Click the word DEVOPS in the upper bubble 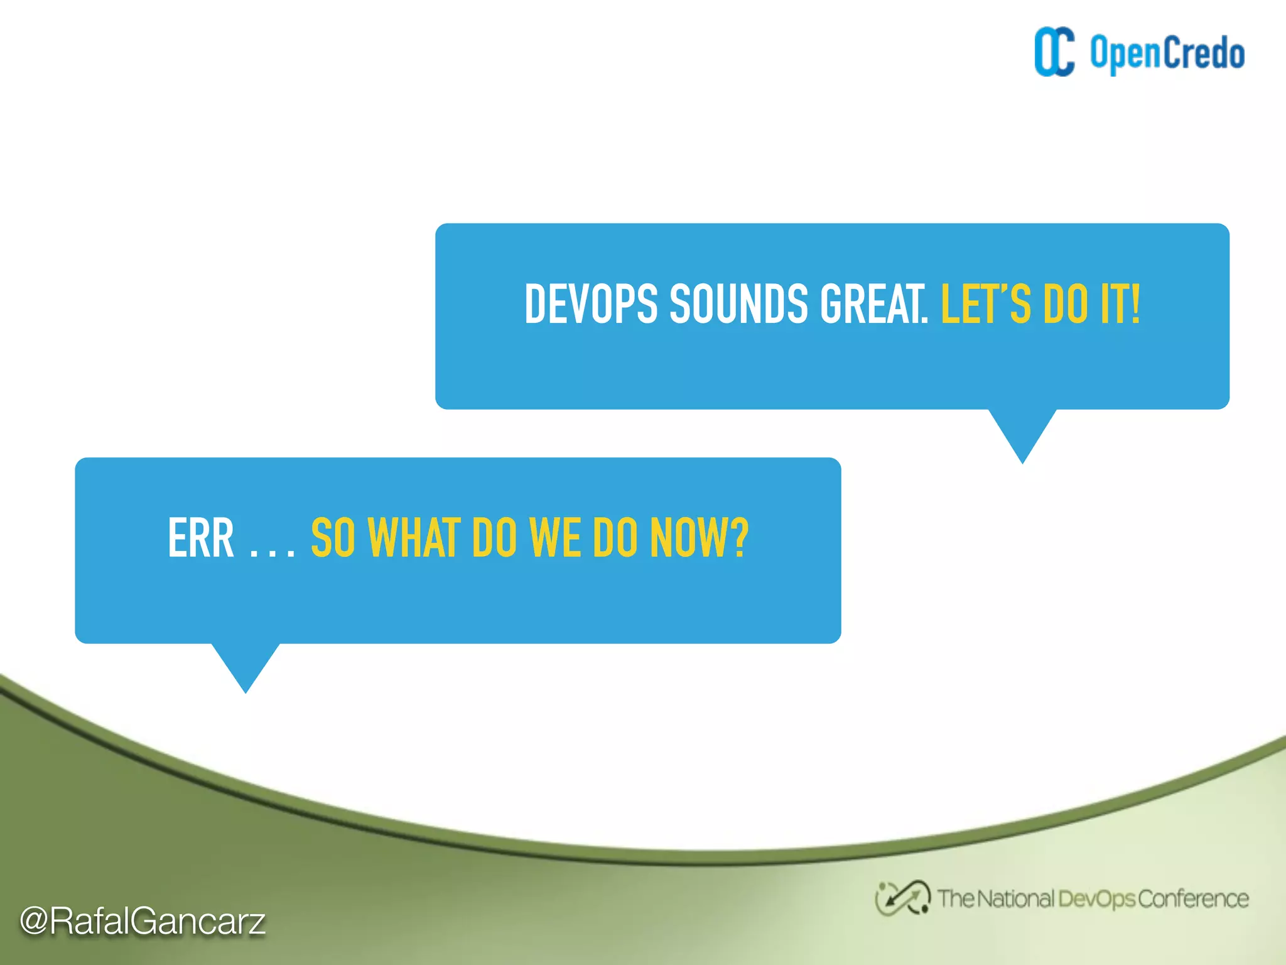coord(591,305)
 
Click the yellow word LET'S coord(985,305)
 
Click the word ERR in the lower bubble coord(201,538)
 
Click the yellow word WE coord(554,538)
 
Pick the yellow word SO coord(333,538)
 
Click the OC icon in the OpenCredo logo coord(1054,52)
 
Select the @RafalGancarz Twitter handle coord(143,921)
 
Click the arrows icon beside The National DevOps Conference coord(902,898)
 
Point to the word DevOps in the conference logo coord(1096,899)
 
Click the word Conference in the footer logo coord(1193,899)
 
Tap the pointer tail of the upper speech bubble coord(1022,433)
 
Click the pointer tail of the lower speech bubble coord(246,666)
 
